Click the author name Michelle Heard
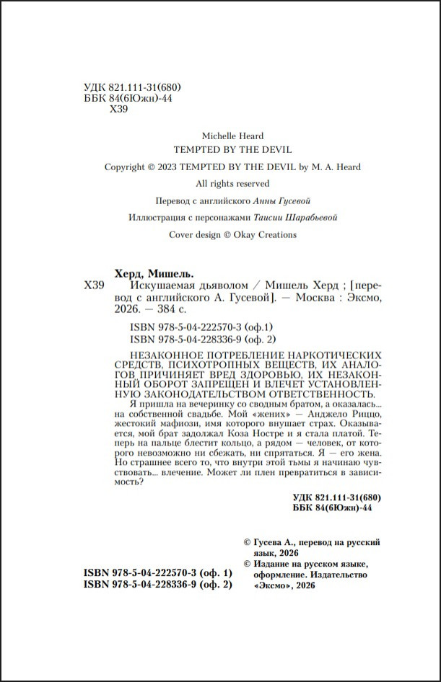click(x=232, y=136)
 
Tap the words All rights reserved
click(x=232, y=184)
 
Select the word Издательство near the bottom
click(x=337, y=575)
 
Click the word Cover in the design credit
click(x=182, y=234)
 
